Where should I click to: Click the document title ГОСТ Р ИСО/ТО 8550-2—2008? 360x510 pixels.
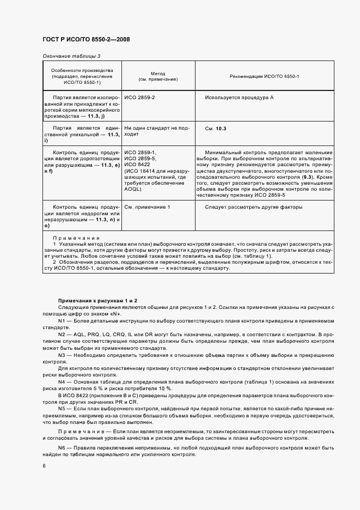coord(86,40)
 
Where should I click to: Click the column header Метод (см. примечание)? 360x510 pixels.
coord(158,76)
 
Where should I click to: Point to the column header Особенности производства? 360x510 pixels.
coord(82,76)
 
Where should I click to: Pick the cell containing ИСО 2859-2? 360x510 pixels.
coord(140,98)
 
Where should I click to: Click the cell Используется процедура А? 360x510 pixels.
coord(239,98)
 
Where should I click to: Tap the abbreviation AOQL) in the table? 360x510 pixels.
coord(134,190)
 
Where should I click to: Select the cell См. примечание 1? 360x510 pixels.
coord(147,207)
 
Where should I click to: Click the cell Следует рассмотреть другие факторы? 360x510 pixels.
coord(253,207)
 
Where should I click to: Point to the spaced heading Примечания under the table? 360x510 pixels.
coord(76,238)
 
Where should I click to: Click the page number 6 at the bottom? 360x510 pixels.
coord(44,466)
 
